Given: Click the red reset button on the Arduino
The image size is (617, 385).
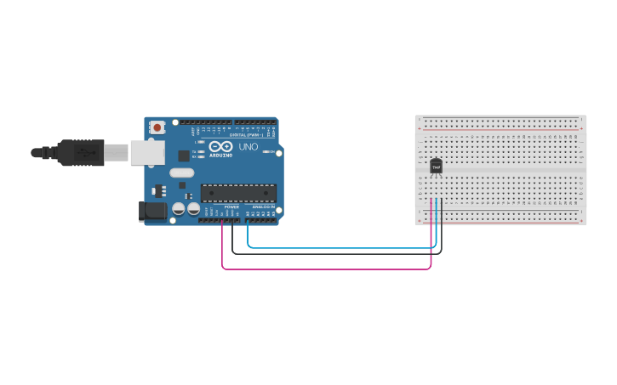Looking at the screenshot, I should (157, 127).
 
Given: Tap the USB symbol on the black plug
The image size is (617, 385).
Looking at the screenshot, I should (83, 153).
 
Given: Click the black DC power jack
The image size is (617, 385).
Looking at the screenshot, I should (153, 210).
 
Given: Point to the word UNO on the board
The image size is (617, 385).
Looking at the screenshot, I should (248, 146).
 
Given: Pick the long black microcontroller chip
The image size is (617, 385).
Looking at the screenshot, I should (238, 193).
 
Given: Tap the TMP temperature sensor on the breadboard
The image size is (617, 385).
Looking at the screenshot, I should (436, 167).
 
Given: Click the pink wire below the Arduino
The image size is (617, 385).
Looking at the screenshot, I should (323, 269).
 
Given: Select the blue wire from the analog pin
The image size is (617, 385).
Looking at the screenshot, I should (340, 247).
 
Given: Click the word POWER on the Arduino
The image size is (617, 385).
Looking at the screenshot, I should (231, 207).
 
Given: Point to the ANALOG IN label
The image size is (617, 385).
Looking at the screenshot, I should (262, 207).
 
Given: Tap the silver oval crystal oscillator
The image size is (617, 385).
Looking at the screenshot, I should (182, 173).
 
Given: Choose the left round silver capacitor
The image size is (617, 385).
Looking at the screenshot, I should (179, 208).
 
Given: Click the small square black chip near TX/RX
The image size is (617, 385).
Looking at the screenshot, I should (184, 156).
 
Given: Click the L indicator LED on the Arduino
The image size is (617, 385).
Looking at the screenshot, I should (202, 141).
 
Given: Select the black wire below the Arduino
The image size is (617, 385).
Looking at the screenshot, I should (332, 253).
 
